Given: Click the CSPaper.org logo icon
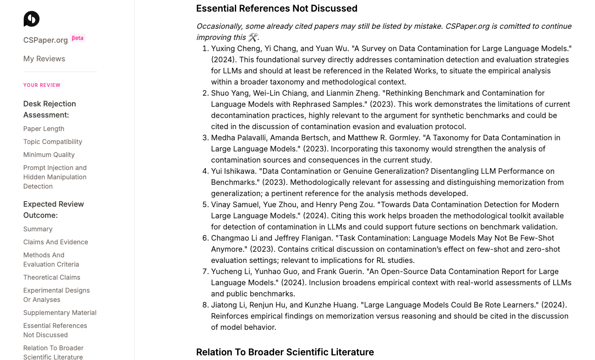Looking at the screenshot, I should tap(32, 19).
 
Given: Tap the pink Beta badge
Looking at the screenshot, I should tap(78, 38).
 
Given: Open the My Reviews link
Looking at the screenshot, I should tap(44, 59).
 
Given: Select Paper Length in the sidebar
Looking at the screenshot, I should tap(44, 129).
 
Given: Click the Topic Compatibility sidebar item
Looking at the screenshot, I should tap(53, 142).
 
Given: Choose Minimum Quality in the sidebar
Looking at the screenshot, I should tap(49, 155).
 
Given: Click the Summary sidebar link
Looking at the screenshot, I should tap(38, 229).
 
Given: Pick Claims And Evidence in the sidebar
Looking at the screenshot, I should tap(55, 242).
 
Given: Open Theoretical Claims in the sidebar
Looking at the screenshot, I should tap(52, 277).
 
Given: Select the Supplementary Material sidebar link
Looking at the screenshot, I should tap(59, 313).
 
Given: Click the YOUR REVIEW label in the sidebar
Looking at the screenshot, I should tap(42, 85).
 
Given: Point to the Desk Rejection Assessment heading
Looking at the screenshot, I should tap(49, 109).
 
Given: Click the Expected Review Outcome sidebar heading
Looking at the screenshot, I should tap(53, 209).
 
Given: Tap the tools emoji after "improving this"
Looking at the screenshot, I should tap(252, 37).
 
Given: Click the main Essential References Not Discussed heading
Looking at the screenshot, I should tap(277, 8).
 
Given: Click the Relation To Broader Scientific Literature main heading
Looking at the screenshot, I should tap(285, 352).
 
